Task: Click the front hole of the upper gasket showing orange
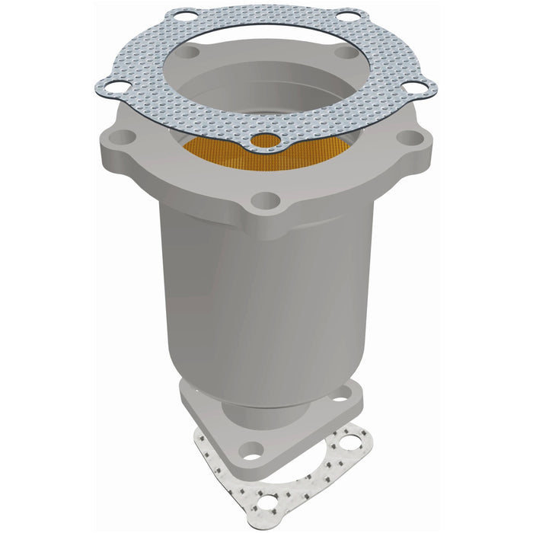(x=264, y=141)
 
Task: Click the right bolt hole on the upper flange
(x=410, y=138)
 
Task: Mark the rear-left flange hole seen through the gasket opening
(x=190, y=53)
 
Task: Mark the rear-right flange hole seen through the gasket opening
(x=345, y=53)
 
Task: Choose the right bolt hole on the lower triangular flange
(x=340, y=395)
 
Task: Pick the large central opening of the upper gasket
(x=266, y=69)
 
